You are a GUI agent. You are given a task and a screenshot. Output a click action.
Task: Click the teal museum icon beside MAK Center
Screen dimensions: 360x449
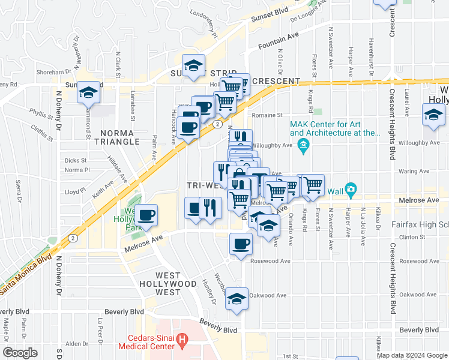point(304,145)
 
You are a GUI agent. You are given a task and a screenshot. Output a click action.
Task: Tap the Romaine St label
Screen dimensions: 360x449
point(267,115)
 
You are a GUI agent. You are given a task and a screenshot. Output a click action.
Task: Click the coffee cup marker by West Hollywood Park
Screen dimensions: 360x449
point(146,214)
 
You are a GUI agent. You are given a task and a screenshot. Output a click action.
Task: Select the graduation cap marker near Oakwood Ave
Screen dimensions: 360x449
point(237,299)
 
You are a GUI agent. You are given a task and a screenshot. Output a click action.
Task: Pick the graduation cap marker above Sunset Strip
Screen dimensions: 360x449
point(194,65)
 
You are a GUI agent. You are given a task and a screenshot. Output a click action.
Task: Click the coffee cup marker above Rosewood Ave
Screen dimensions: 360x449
point(241,244)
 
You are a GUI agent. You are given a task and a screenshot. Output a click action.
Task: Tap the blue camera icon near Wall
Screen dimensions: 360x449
point(350,190)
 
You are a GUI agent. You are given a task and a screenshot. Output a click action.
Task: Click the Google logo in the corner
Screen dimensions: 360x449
point(20,353)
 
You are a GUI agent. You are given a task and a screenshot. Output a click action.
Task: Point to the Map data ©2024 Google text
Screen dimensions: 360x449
point(411,355)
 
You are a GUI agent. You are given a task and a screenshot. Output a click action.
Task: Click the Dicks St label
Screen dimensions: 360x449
point(76,161)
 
